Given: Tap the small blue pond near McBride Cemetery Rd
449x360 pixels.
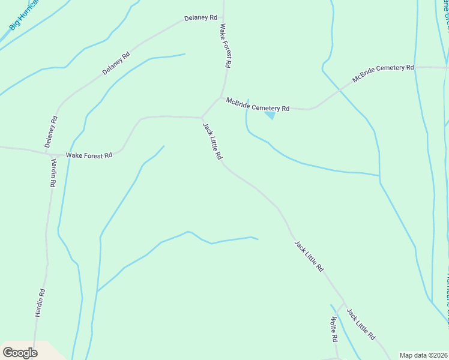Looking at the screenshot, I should point(270,115).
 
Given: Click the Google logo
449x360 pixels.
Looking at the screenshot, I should point(20,353).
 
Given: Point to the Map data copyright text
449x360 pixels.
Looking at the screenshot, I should point(423,355).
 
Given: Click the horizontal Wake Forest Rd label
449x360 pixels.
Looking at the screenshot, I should point(89,155).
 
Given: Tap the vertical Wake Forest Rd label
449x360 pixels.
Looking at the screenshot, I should point(226,45).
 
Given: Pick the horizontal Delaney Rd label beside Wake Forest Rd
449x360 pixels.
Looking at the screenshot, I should point(200,18).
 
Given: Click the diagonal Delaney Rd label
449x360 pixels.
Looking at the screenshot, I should point(116,64).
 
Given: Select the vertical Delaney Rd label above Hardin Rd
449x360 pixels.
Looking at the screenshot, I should point(52,131).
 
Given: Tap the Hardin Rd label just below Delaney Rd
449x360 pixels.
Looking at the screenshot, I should point(53,173).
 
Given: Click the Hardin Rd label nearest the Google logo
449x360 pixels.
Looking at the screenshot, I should point(40,303).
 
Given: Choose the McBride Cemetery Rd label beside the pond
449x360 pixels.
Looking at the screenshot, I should point(258,104).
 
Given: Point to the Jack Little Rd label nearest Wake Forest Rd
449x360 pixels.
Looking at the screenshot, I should point(212,142).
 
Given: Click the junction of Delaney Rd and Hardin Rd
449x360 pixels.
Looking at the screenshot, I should point(52,154).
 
